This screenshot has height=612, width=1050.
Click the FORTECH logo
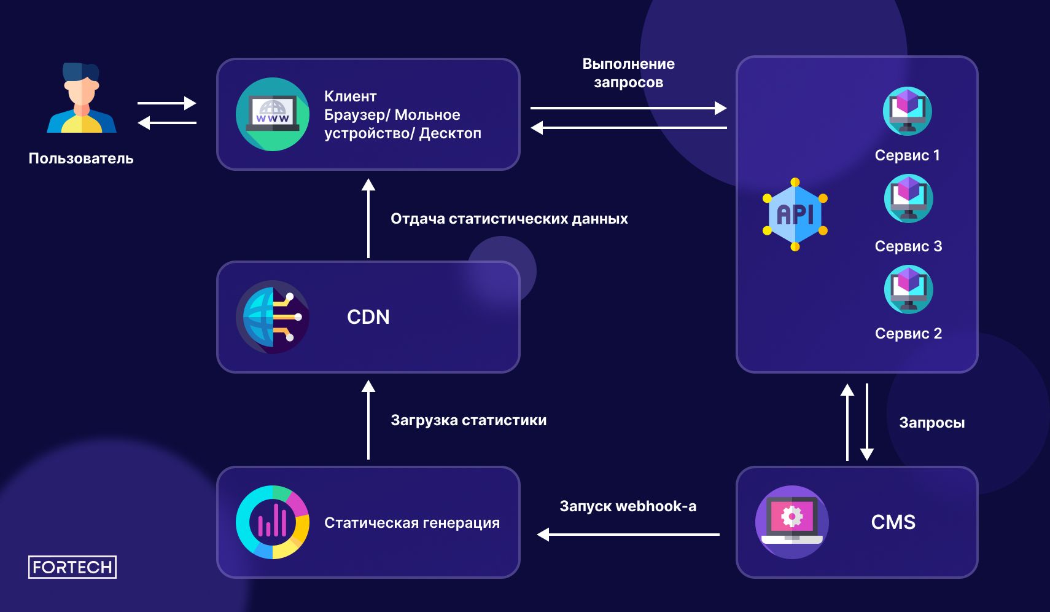(72, 567)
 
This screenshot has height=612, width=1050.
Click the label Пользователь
(81, 159)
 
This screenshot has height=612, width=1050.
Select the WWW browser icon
(273, 114)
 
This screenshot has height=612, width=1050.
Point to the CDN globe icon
(273, 317)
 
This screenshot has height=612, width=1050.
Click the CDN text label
(368, 317)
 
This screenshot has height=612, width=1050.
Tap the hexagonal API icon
(795, 214)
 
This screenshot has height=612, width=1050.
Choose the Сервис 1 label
(907, 155)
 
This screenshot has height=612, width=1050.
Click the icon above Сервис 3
(908, 198)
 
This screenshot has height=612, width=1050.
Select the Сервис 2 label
(908, 334)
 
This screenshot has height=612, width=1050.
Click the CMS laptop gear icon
(792, 522)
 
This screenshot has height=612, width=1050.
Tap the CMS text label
(893, 522)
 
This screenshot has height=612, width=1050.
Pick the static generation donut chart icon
(273, 522)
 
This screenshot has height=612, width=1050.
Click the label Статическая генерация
(412, 523)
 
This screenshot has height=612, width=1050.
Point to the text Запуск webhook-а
(628, 506)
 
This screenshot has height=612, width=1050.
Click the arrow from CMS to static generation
(628, 535)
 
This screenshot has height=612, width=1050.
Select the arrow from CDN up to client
(368, 218)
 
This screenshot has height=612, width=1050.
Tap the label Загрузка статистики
(469, 420)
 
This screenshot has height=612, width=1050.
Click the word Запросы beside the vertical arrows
(931, 423)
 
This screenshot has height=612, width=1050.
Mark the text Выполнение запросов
(628, 73)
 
